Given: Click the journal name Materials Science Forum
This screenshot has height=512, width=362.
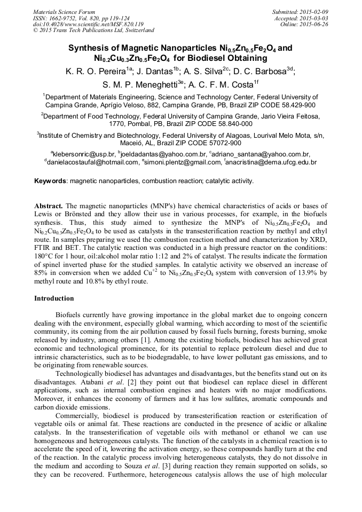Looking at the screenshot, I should tap(64, 11).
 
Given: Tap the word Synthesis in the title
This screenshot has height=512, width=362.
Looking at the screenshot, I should tap(88, 48).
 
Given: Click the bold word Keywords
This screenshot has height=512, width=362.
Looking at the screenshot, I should tap(50, 181).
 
